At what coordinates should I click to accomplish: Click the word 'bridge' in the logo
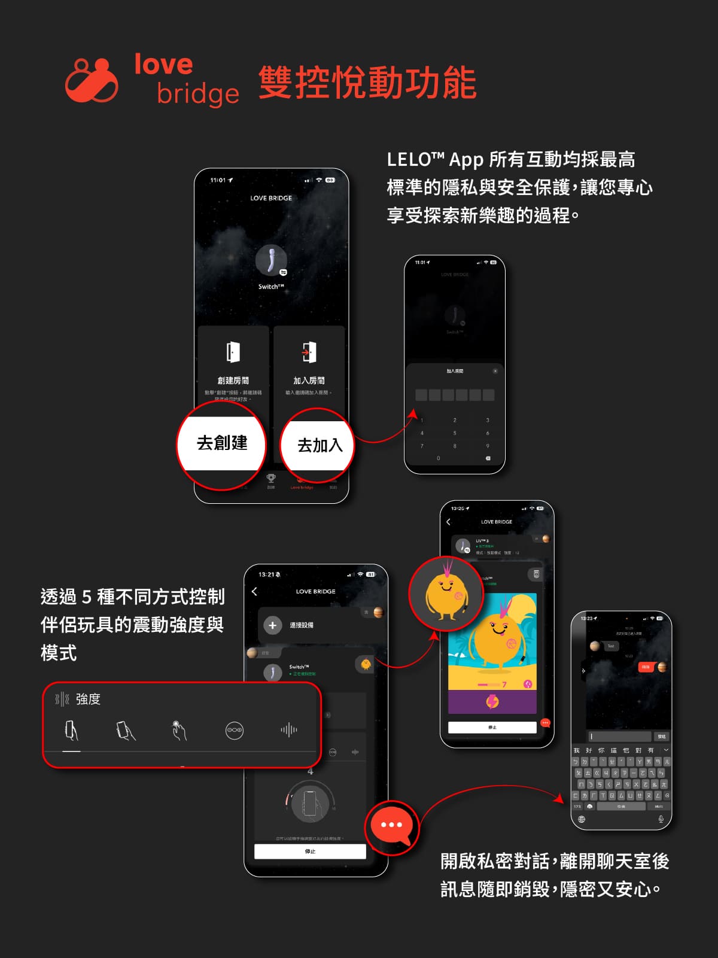[x=197, y=93]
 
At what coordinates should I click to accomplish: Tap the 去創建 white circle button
[x=222, y=443]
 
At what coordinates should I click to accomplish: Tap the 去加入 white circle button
[x=319, y=445]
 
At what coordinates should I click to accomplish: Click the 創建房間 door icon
[x=233, y=352]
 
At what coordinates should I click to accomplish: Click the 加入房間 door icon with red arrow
[x=309, y=352]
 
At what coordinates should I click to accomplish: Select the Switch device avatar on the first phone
[x=271, y=261]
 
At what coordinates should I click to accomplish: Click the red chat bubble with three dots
[x=391, y=825]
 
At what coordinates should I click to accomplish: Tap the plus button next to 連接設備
[x=272, y=625]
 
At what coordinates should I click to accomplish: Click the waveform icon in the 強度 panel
[x=288, y=730]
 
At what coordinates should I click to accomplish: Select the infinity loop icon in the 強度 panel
[x=234, y=731]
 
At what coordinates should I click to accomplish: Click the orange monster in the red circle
[x=445, y=594]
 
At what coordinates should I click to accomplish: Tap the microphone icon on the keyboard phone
[x=661, y=819]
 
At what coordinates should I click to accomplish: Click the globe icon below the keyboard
[x=582, y=819]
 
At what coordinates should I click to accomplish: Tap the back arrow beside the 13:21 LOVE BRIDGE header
[x=254, y=591]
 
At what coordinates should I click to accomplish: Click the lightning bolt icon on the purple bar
[x=492, y=701]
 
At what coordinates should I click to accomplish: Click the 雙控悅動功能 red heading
[x=367, y=83]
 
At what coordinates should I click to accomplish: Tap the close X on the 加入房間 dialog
[x=495, y=371]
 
